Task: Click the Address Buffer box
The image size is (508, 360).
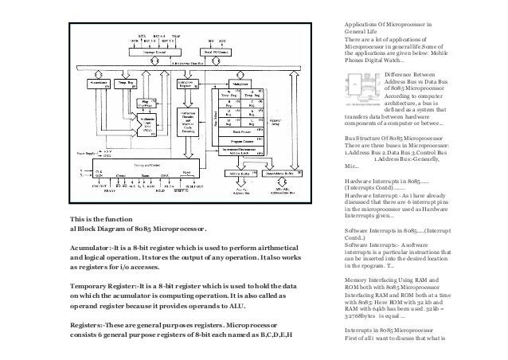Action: [x=242, y=171]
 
